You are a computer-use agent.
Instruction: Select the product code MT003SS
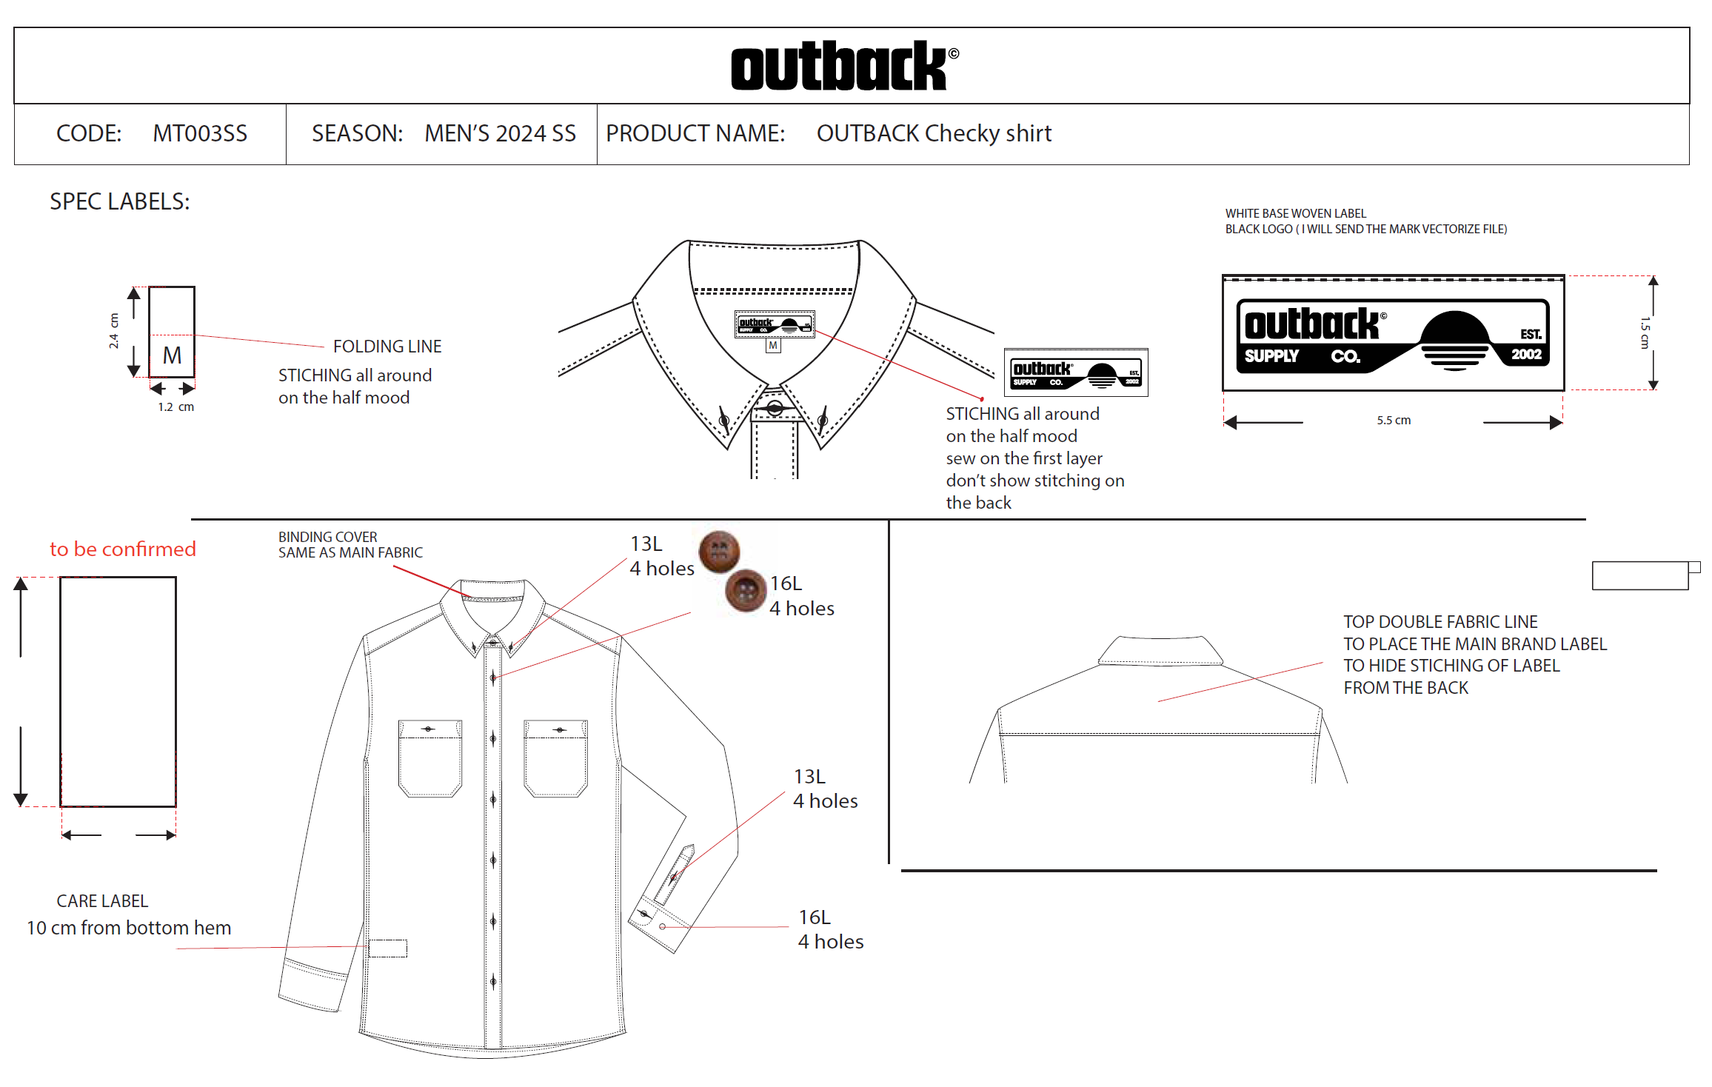pos(200,133)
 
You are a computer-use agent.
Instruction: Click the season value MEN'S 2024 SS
pos(500,133)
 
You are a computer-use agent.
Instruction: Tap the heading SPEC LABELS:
pos(120,201)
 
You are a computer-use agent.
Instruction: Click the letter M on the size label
pos(172,355)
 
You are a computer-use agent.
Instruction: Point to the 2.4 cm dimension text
pos(113,331)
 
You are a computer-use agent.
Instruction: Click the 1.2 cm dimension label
pos(175,407)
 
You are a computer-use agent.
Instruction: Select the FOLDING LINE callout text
pos(387,347)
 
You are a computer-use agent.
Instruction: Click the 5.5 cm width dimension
pos(1394,421)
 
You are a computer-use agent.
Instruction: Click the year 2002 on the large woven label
pos(1526,355)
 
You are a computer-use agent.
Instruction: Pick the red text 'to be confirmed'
pos(123,549)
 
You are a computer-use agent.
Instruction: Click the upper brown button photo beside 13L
pos(719,552)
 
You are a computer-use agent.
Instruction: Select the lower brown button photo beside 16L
pos(746,591)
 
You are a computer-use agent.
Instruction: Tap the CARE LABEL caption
pos(102,901)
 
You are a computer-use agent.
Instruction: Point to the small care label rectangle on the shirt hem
pos(388,949)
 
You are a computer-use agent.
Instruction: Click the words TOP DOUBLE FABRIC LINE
pos(1440,622)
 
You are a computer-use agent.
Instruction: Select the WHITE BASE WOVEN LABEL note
pos(1296,213)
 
